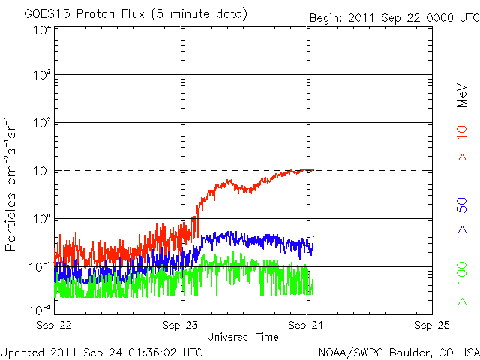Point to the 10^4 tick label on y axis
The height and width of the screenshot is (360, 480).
click(x=41, y=30)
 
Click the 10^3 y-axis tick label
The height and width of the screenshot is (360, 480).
click(x=41, y=76)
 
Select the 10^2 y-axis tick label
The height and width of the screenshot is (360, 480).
click(x=41, y=123)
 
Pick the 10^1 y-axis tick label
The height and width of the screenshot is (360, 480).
click(x=41, y=171)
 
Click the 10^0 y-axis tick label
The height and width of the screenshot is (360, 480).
click(x=41, y=219)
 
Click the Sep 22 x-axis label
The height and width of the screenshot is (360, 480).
click(x=55, y=325)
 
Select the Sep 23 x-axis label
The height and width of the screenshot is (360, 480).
click(x=181, y=325)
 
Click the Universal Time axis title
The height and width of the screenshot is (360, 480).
click(x=243, y=337)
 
